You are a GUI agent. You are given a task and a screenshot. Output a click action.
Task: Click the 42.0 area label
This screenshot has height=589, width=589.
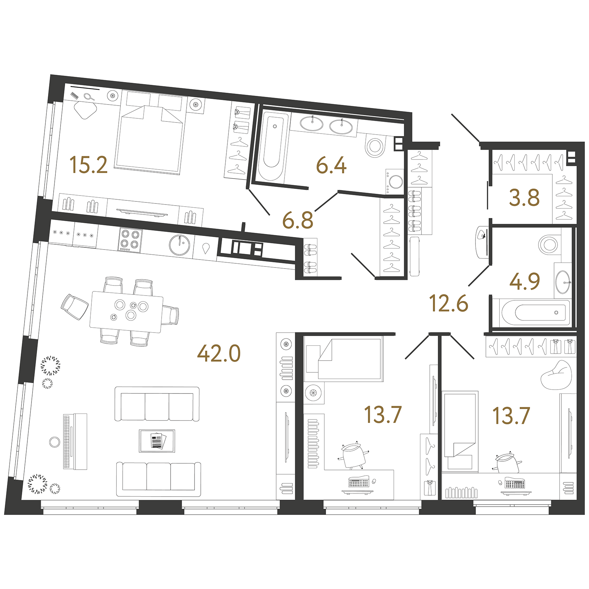pos(219,354)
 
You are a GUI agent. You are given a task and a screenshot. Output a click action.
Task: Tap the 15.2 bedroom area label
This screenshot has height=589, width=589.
pos(89,165)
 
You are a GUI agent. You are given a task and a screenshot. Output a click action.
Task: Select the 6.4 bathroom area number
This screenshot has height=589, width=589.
pos(331,165)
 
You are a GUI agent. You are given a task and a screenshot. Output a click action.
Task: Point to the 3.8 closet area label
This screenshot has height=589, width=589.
pos(524,198)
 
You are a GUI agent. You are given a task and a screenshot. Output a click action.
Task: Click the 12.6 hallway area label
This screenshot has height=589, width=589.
pos(448,303)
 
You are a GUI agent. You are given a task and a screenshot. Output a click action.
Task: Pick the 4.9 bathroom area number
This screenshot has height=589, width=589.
pos(525,281)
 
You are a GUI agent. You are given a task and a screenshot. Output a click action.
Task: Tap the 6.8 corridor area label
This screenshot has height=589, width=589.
pos(298,220)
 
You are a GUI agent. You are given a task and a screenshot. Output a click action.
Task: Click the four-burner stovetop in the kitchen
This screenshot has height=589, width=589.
pos(130,239)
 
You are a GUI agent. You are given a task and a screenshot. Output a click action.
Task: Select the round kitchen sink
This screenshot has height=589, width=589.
pos(179,245)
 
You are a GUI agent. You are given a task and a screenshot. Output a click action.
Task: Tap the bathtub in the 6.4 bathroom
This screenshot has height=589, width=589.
pos(273,146)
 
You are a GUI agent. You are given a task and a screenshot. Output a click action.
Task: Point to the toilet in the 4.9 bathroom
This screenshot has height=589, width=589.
pos(549,244)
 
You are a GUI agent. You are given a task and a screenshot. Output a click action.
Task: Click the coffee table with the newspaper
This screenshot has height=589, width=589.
pos(157,441)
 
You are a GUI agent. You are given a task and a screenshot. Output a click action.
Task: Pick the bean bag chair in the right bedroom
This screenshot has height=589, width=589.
pos(556,375)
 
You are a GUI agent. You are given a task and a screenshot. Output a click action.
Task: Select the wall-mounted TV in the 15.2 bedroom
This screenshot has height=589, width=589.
pos(142,212)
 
